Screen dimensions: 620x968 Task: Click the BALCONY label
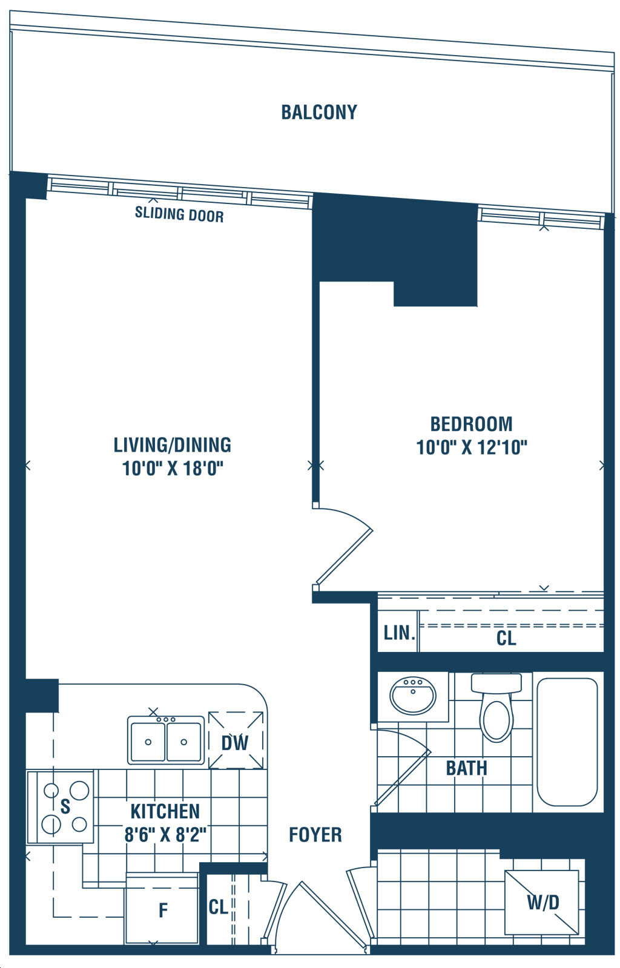319,113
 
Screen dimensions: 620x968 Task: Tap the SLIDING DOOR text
179,214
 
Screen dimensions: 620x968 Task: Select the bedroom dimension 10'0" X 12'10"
472,447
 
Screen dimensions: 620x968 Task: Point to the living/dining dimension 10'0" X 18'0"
173,468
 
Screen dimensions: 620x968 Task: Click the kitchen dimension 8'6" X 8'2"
165,834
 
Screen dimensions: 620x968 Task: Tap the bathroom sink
413,696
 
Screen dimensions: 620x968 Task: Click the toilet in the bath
496,707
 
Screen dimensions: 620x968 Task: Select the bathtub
567,742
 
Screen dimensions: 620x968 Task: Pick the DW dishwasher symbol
236,740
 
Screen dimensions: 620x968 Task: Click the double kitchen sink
166,740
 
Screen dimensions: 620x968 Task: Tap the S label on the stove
65,806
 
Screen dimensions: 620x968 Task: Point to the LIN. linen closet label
399,633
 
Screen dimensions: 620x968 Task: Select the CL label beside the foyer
219,907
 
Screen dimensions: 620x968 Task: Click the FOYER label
315,835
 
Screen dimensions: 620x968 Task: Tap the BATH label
466,768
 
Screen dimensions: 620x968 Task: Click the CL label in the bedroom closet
506,638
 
